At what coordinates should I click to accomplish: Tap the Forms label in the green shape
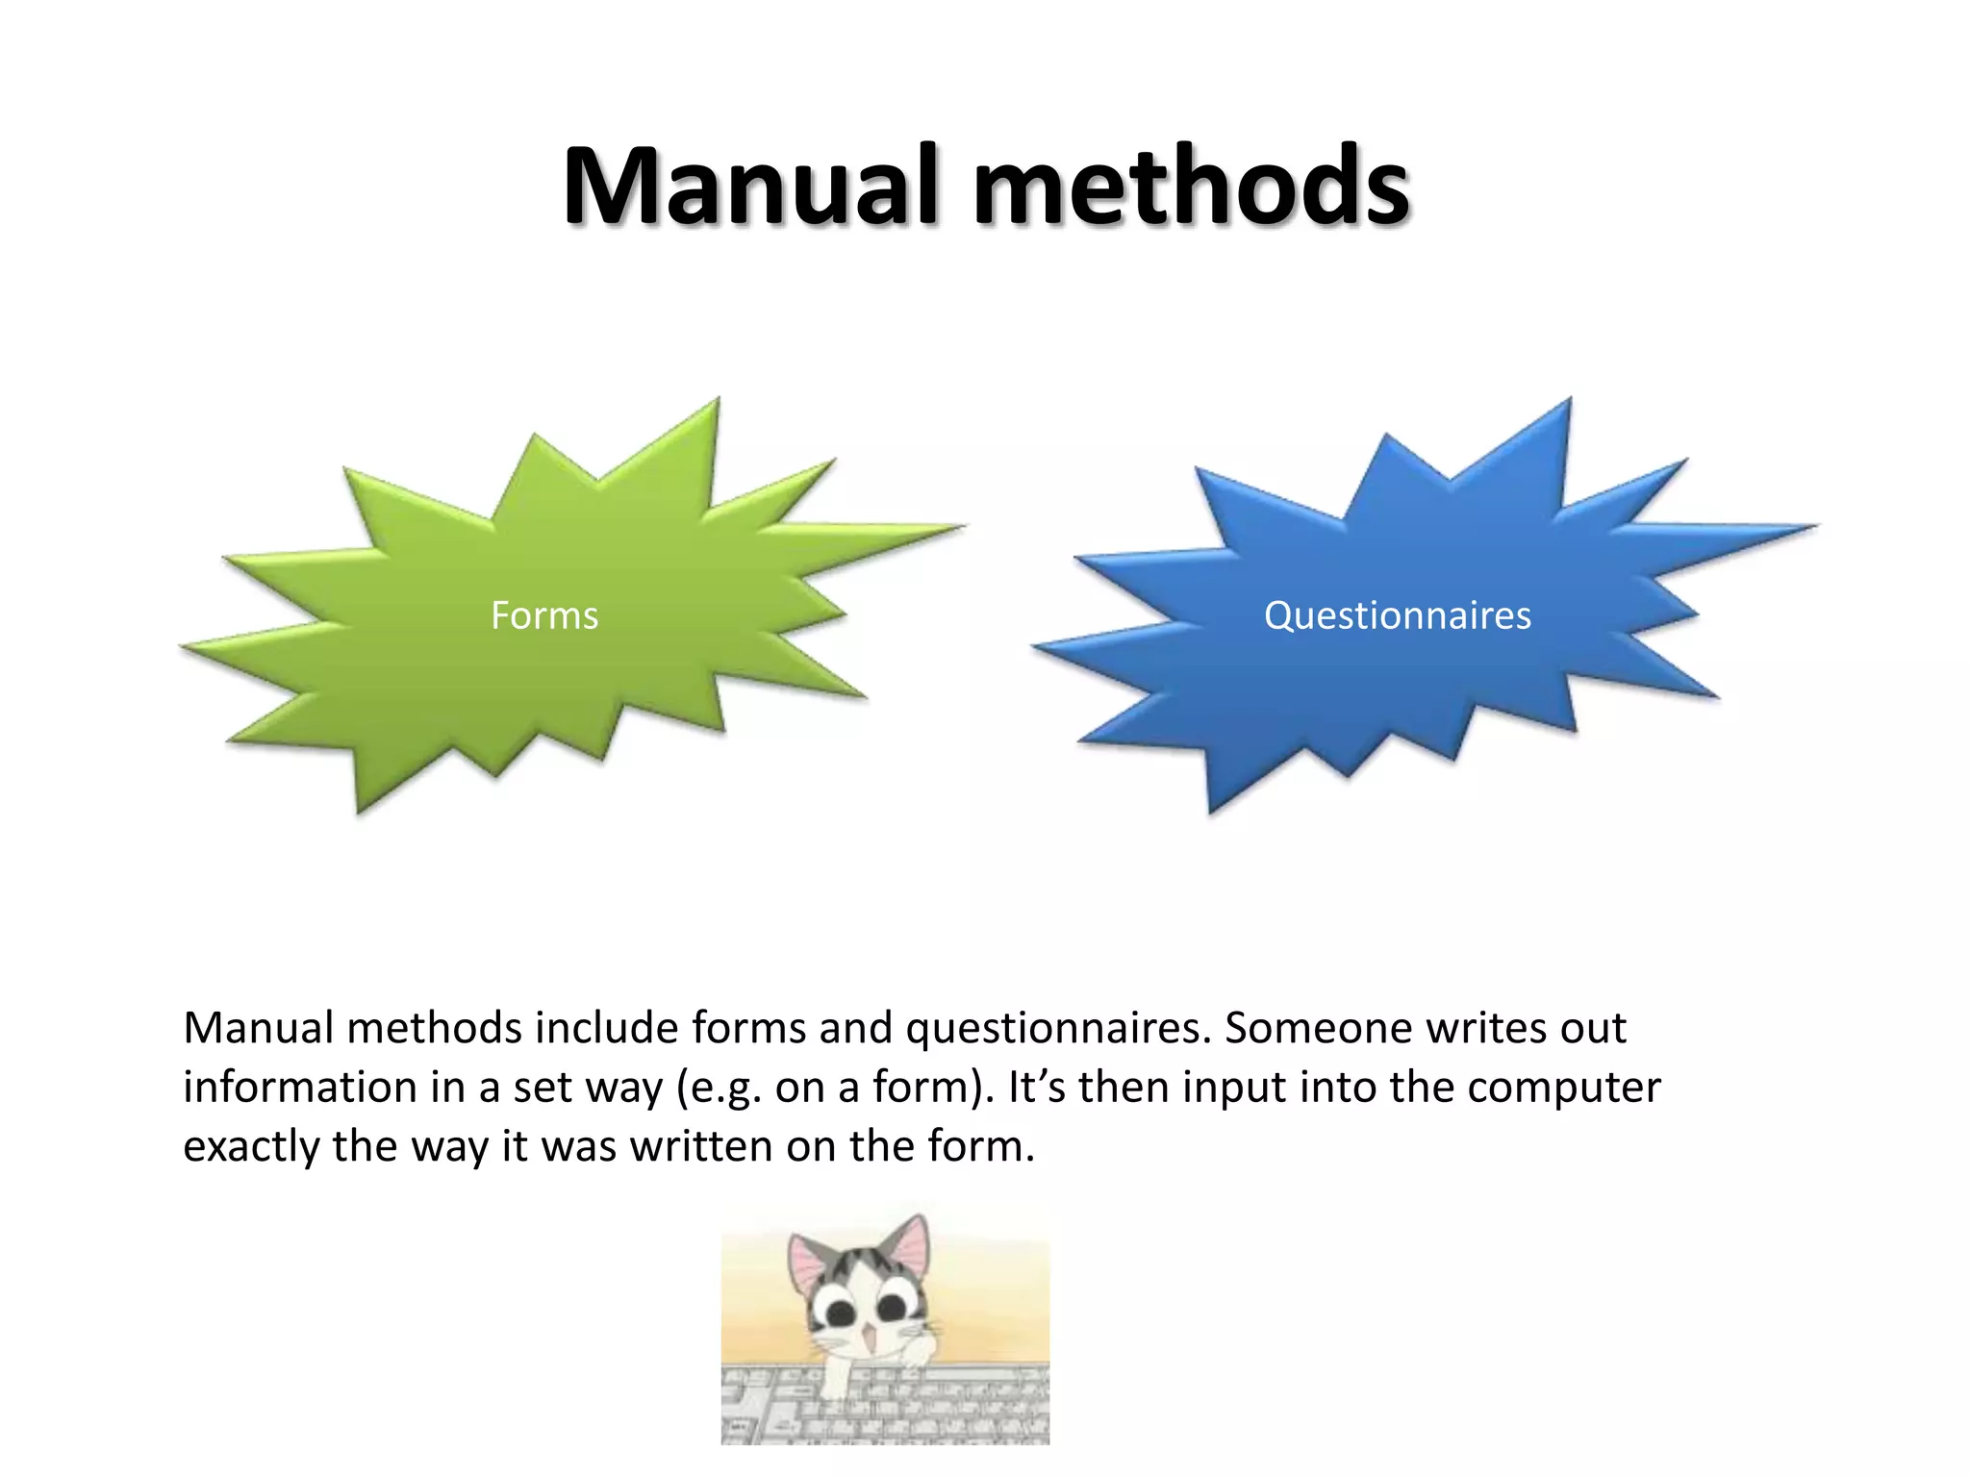pos(544,615)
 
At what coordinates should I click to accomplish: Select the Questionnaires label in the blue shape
pos(1397,615)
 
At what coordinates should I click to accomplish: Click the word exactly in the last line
pos(251,1147)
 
